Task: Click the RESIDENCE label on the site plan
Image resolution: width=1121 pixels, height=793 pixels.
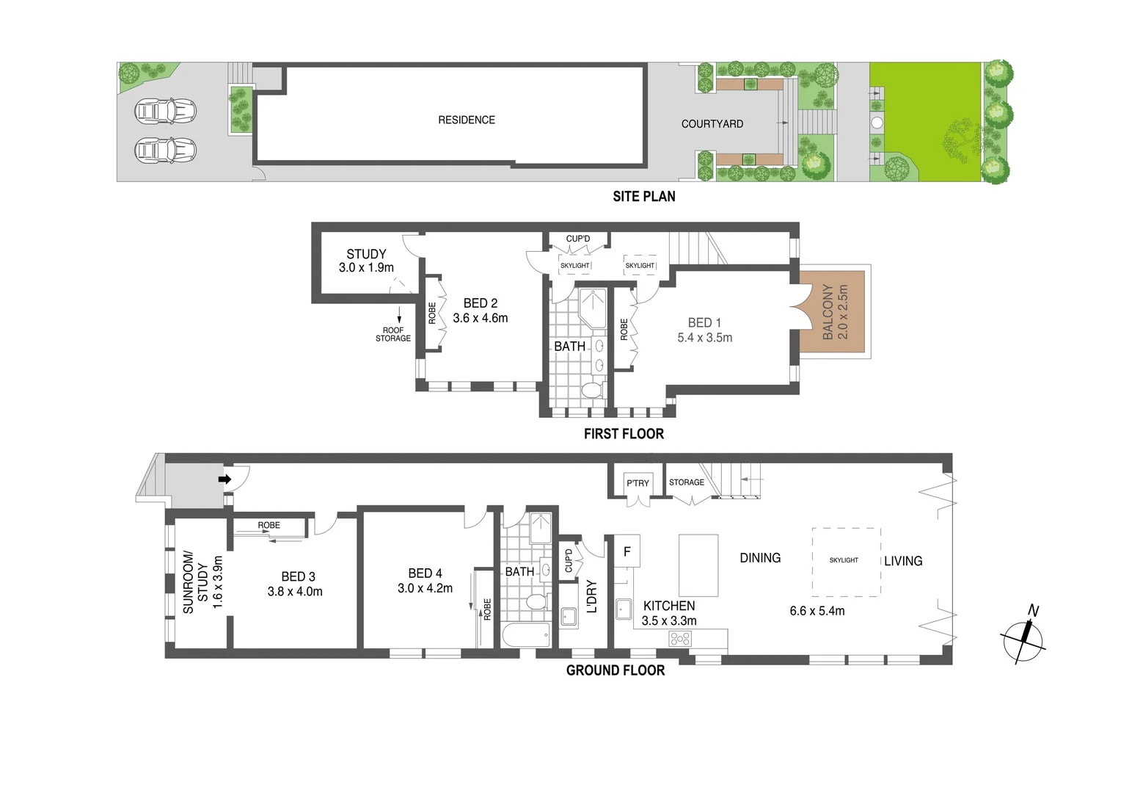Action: click(467, 120)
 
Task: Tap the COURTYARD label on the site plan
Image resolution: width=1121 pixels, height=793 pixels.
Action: click(712, 124)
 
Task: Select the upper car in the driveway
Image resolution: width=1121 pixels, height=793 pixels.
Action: click(166, 112)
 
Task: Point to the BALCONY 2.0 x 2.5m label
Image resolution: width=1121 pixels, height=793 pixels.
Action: click(835, 312)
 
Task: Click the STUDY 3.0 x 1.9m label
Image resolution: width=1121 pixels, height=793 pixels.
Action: click(366, 261)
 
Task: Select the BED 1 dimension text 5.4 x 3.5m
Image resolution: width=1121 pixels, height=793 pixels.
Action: click(704, 338)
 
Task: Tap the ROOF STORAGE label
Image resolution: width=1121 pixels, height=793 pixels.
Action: click(393, 334)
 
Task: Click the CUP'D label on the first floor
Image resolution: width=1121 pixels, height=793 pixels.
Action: click(577, 239)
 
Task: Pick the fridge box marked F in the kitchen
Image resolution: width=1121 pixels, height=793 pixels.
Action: click(627, 551)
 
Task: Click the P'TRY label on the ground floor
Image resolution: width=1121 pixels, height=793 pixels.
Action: click(638, 483)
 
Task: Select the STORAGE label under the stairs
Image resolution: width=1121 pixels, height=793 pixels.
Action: click(686, 482)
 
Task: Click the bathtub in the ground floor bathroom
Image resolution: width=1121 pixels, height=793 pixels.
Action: click(526, 636)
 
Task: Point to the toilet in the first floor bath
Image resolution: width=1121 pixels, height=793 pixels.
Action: click(591, 390)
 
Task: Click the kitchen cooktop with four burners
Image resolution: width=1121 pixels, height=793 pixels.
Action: click(680, 639)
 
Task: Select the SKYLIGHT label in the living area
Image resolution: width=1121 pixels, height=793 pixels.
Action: click(844, 560)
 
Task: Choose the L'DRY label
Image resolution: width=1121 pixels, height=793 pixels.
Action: click(592, 596)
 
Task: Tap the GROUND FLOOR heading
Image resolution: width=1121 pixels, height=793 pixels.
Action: click(615, 670)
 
